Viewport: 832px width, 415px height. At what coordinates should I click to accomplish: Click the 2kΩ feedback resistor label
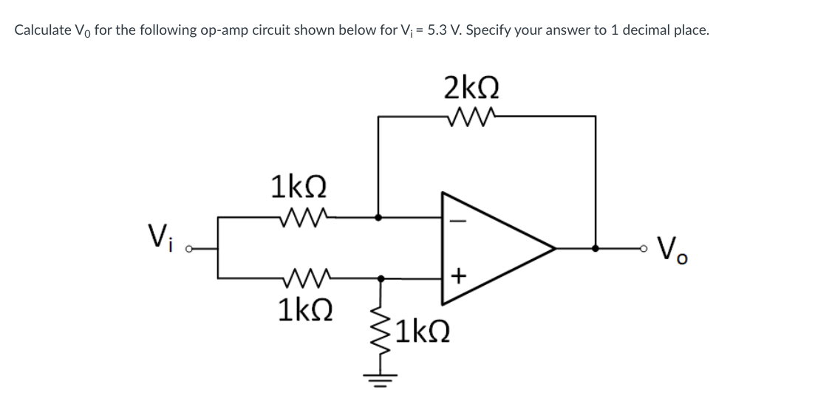point(471,88)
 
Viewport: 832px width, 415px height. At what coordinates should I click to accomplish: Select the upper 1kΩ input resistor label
point(299,187)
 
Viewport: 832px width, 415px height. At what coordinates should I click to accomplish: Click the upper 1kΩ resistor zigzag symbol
point(299,217)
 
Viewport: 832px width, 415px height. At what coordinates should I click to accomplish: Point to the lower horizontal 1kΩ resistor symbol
point(299,278)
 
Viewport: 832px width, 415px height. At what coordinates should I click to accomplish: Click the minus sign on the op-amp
point(458,219)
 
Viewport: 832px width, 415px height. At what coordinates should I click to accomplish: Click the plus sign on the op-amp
point(458,276)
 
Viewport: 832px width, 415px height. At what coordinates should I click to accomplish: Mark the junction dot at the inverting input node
point(379,218)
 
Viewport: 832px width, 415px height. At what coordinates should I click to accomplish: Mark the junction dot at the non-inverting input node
point(381,278)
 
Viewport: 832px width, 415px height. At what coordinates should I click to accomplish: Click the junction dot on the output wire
point(596,248)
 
